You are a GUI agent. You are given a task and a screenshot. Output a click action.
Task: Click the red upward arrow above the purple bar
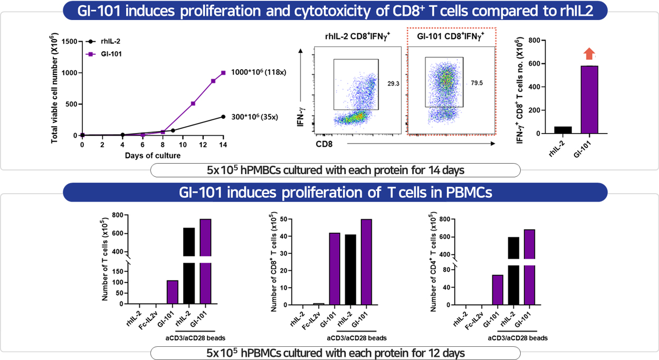coord(589,53)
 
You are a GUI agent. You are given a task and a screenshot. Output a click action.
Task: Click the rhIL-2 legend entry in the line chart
coord(104,41)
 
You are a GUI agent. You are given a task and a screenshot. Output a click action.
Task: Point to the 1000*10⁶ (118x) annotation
coord(259,72)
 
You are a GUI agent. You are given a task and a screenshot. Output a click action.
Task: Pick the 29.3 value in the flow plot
coord(393,83)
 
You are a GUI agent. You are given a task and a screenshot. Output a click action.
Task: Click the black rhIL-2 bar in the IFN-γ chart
coord(562,130)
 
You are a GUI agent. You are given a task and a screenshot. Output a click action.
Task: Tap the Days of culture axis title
coord(152,155)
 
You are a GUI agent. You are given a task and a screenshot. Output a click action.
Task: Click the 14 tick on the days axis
coord(223,144)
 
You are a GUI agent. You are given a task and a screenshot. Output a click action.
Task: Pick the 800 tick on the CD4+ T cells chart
coord(444,219)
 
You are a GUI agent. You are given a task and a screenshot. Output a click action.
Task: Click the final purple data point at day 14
coord(223,72)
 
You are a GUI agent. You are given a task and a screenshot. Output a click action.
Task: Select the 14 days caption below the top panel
coord(335,170)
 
